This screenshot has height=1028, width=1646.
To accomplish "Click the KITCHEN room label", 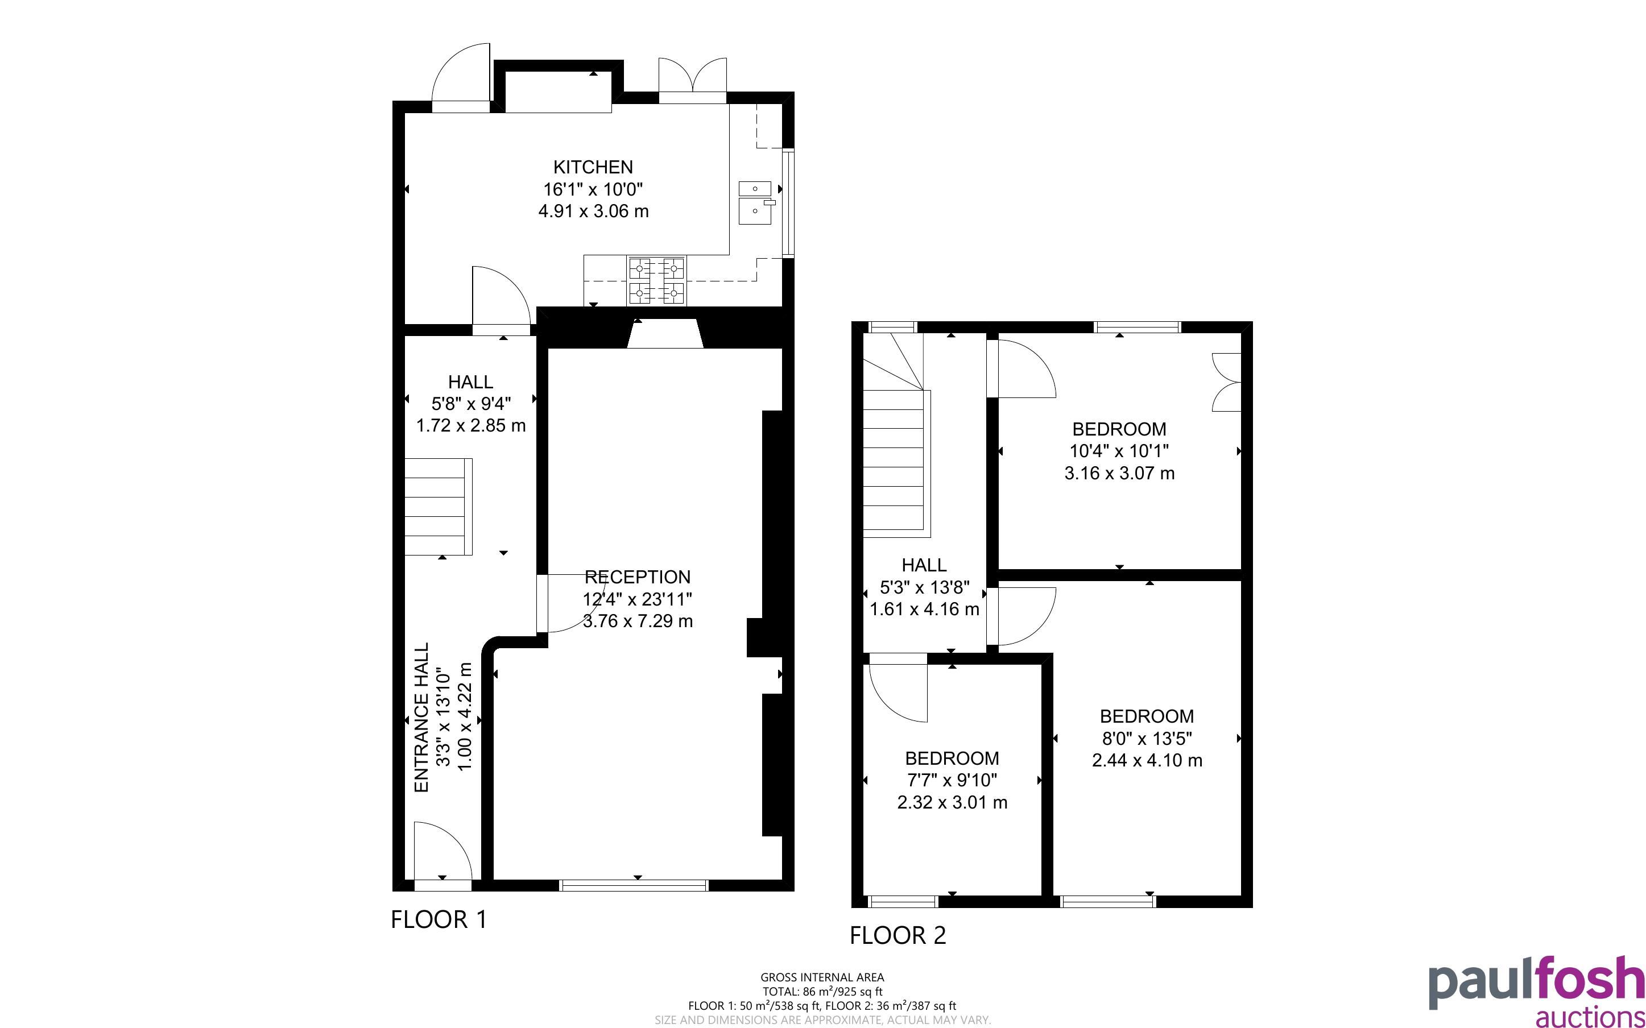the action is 593,167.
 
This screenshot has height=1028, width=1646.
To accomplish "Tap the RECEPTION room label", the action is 638,577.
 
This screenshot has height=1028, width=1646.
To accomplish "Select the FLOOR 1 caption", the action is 439,920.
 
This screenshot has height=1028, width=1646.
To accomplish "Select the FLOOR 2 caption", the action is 898,935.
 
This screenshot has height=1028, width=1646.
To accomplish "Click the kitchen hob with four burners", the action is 657,281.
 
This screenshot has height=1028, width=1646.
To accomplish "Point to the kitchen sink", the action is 755,202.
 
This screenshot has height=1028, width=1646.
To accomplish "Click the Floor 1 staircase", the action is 439,507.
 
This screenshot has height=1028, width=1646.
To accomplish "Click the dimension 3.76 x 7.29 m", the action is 638,621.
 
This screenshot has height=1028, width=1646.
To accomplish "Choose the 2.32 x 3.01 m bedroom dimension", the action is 952,803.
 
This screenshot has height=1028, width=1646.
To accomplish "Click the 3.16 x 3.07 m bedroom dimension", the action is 1119,473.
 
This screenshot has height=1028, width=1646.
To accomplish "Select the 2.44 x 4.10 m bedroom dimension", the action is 1147,760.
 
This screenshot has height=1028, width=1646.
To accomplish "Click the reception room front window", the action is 634,885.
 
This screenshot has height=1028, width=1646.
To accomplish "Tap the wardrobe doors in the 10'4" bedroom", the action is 1226,382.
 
